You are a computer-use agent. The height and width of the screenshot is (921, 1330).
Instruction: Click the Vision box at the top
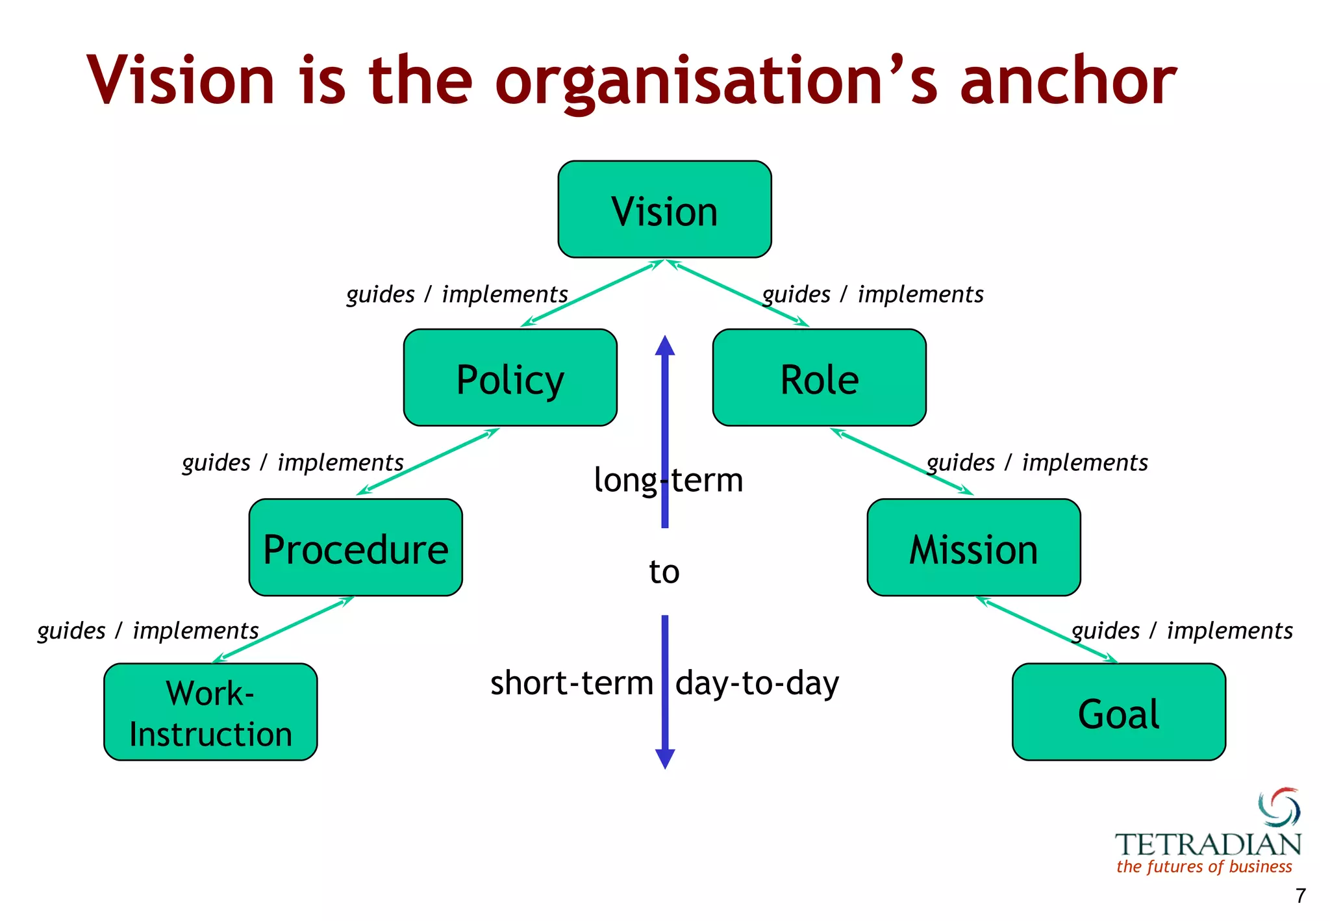point(664,209)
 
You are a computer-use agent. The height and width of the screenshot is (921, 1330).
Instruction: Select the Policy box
point(510,377)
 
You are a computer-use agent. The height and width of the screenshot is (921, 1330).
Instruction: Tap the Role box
point(819,377)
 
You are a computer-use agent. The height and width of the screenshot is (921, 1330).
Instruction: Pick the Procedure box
point(355,547)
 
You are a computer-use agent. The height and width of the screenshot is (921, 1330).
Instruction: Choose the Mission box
point(973,547)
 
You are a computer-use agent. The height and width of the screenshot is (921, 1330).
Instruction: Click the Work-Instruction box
point(210,712)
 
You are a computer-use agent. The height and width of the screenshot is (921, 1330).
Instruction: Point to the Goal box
point(1118,712)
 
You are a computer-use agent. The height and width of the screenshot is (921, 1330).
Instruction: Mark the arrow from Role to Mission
point(901,461)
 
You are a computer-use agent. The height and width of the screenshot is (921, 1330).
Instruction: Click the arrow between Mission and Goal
point(1046,630)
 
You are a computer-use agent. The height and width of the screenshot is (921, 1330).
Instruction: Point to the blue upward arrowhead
point(664,346)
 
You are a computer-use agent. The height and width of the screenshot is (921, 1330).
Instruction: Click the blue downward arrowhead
point(665,759)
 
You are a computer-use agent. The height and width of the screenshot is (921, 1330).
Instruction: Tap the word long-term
point(668,481)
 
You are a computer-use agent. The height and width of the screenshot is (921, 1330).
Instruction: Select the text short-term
point(571,683)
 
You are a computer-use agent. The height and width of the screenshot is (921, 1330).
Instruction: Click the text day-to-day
point(757,683)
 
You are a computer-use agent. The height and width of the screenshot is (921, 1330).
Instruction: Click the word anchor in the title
point(1068,81)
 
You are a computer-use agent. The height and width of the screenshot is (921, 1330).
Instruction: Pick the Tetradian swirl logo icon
point(1279,809)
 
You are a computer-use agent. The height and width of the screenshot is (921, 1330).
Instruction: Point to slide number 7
point(1300,896)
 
